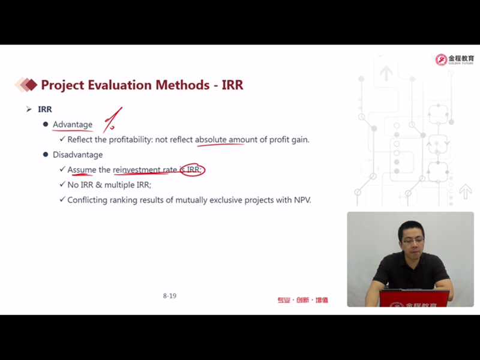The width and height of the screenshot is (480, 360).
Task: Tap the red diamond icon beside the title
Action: click(x=26, y=85)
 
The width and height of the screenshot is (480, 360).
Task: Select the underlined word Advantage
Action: click(x=73, y=125)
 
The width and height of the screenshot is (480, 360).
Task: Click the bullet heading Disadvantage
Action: click(x=78, y=155)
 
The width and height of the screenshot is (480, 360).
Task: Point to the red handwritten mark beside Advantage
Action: click(x=112, y=120)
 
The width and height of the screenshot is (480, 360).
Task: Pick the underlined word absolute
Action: click(x=211, y=140)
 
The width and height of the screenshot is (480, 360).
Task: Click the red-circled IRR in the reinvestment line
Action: click(x=193, y=170)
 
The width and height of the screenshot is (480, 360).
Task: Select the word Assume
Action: click(x=82, y=170)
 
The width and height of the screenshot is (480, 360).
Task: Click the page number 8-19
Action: click(x=170, y=296)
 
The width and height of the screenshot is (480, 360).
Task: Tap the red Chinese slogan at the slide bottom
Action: click(x=303, y=300)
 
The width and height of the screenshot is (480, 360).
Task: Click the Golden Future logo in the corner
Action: click(x=455, y=59)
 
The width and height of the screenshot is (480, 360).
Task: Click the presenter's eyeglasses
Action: click(x=413, y=241)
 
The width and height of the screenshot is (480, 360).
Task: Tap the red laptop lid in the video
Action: click(x=414, y=298)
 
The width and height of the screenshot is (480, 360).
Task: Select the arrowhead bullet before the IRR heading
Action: click(x=29, y=109)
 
